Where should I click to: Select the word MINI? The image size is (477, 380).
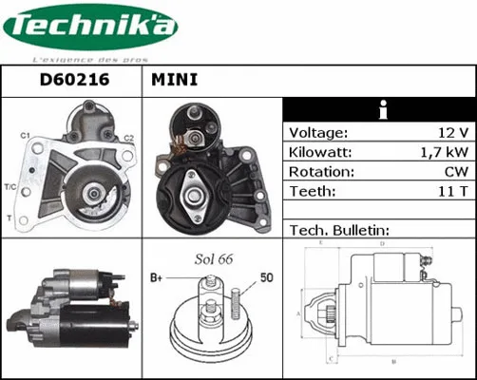click(x=174, y=81)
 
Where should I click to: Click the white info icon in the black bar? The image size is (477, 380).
click(x=380, y=107)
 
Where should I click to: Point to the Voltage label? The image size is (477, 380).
click(x=318, y=133)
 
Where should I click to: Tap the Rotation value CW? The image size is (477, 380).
click(x=455, y=172)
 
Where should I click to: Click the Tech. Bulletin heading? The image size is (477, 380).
click(x=339, y=230)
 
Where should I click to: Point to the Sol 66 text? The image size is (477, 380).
click(x=214, y=258)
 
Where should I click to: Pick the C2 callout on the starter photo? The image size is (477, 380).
click(x=128, y=139)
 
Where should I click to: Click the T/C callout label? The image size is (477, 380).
click(x=10, y=185)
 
